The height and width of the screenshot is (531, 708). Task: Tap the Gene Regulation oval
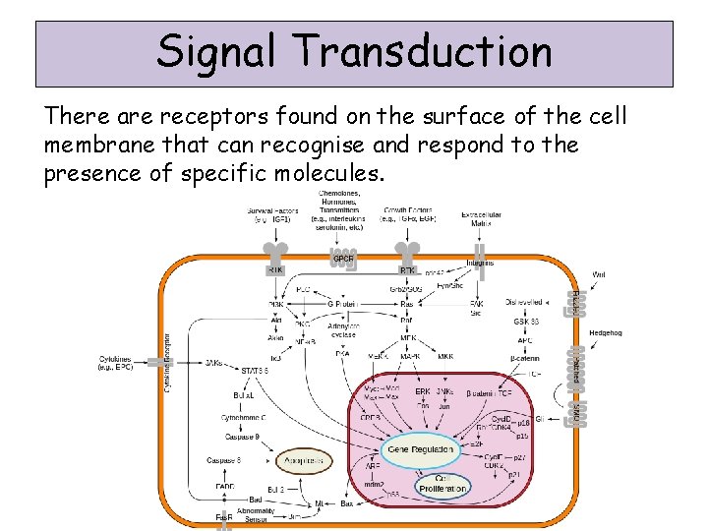pos(421,448)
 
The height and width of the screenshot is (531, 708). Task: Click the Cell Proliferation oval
pos(442,485)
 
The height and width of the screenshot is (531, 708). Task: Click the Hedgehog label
pos(632,332)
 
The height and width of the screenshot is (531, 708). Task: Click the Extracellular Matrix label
pos(481,218)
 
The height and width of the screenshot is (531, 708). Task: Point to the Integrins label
pos(481,263)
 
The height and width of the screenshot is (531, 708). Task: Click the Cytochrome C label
pos(241,417)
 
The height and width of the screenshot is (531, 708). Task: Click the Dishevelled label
pos(524,302)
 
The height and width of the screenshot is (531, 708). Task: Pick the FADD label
pos(225,486)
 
